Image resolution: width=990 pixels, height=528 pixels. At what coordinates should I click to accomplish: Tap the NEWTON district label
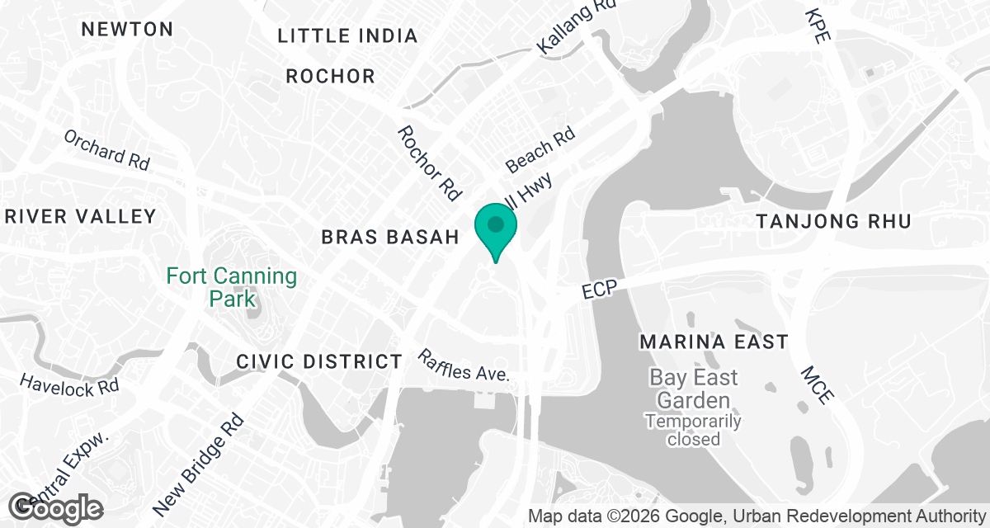(x=127, y=29)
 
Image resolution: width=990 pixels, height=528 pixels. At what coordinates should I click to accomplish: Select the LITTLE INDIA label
(x=347, y=35)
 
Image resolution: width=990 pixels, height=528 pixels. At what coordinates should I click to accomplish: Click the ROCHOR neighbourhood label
(x=330, y=77)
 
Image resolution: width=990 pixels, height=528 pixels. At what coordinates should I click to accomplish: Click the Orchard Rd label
(x=106, y=149)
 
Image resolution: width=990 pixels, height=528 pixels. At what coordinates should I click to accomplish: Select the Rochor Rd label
(x=428, y=163)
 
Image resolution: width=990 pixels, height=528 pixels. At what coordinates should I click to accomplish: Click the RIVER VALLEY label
(x=80, y=217)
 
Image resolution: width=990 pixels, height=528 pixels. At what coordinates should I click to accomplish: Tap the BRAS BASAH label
(x=389, y=238)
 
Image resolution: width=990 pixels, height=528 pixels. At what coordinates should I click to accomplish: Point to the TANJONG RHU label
(x=833, y=221)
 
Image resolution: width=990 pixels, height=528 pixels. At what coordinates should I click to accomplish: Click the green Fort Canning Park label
(x=232, y=286)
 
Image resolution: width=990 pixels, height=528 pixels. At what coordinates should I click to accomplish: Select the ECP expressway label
(x=600, y=291)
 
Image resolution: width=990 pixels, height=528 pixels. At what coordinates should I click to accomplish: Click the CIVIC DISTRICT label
(x=318, y=361)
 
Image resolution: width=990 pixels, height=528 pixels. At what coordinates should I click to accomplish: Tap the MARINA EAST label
(x=714, y=342)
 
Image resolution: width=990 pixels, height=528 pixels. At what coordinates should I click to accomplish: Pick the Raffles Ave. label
(x=464, y=365)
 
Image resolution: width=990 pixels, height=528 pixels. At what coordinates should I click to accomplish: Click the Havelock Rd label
(x=69, y=384)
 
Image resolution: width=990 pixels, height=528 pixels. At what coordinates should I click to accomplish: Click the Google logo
(x=56, y=507)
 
